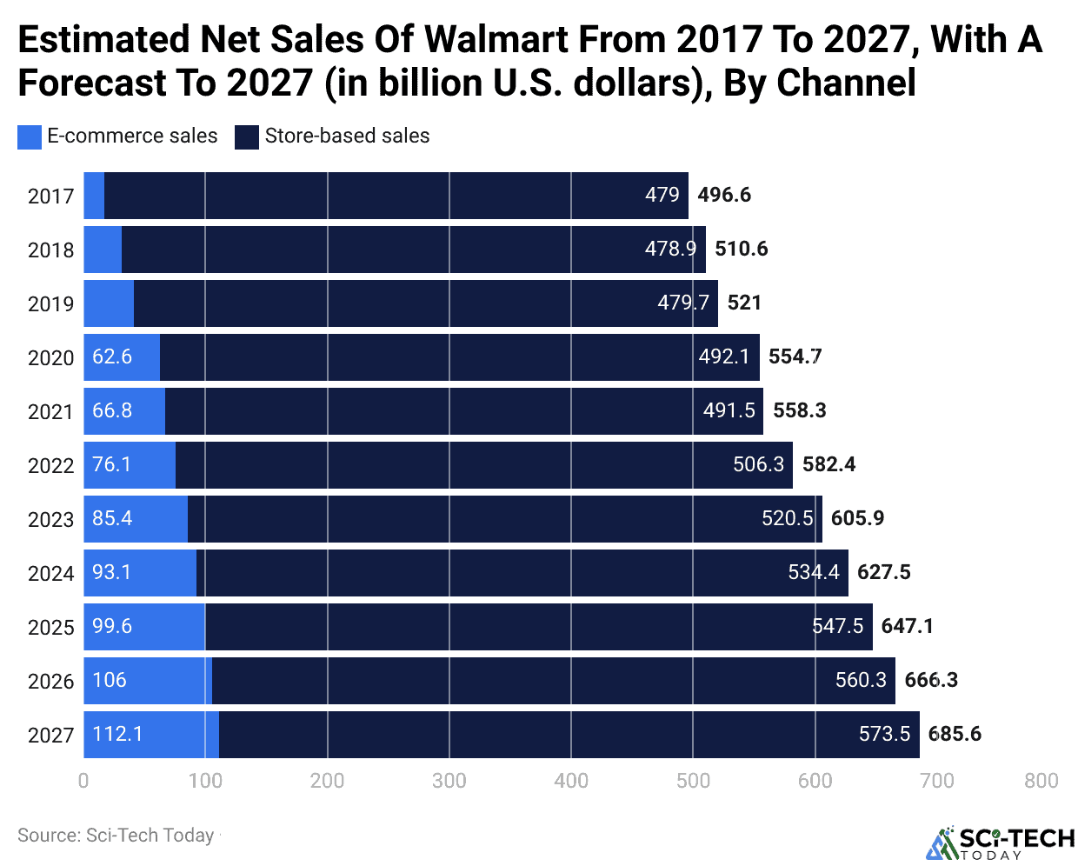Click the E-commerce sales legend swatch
30,137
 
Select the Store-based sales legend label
347,136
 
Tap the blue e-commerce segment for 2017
94,196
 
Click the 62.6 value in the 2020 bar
112,356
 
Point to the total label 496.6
723,195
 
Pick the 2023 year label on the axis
51,519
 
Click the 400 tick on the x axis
571,780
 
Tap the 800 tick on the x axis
1041,780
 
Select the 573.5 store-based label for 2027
883,734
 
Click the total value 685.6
954,734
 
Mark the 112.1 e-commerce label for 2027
117,734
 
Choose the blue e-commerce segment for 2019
109,303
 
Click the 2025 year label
51,627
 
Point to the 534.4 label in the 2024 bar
813,572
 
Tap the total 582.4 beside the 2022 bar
828,464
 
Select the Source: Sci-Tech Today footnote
116,836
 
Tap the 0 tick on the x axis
83,780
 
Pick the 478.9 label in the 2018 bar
669,249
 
